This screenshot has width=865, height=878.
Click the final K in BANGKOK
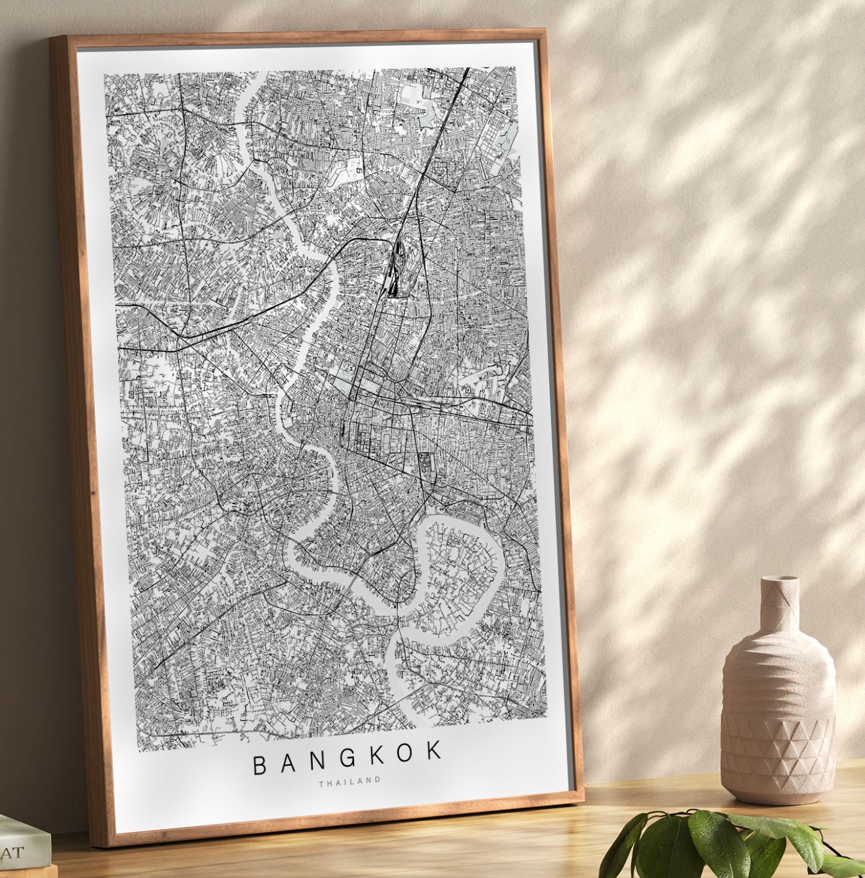[x=436, y=752]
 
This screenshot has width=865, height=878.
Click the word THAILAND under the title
[x=350, y=781]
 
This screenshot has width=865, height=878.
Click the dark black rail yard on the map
[x=395, y=273]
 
